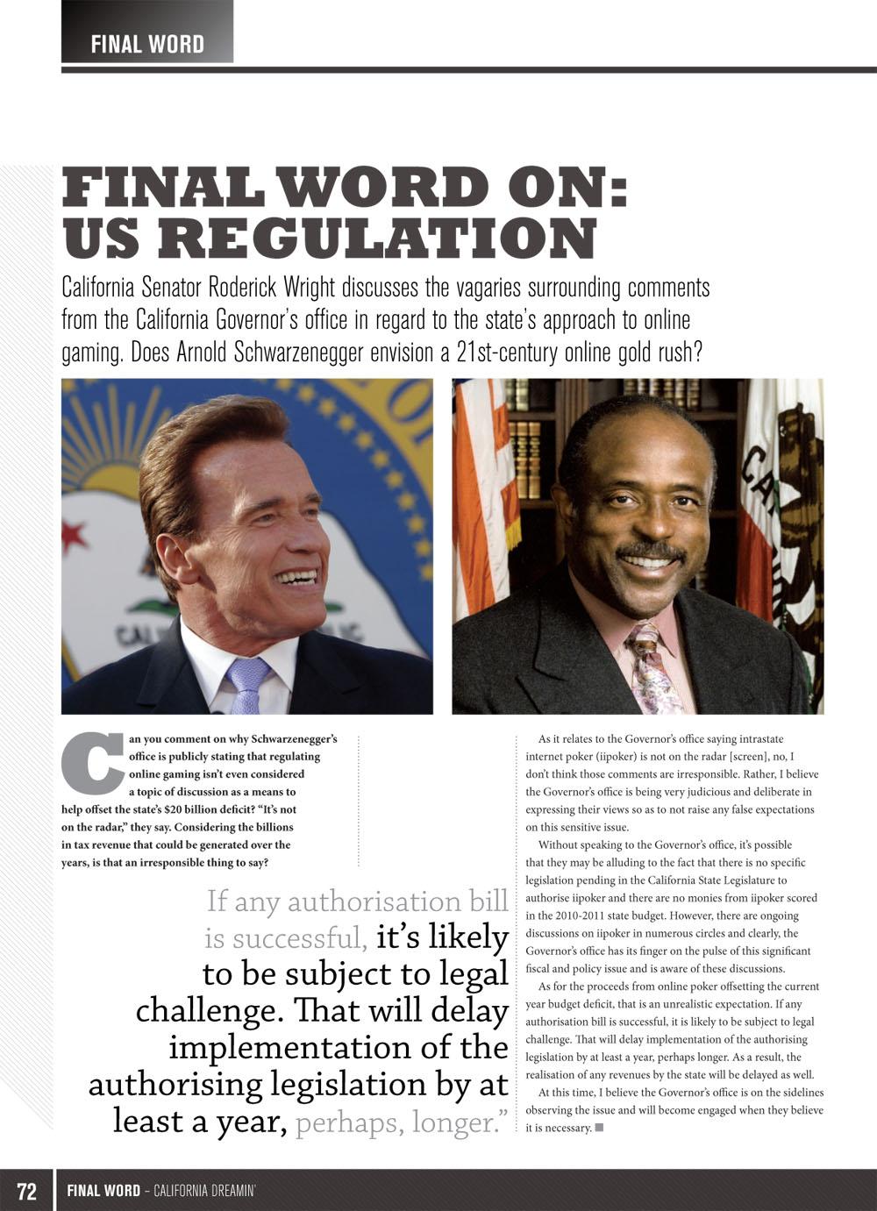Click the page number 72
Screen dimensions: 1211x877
pyautogui.click(x=27, y=1191)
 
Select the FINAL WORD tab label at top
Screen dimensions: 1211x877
pyautogui.click(x=147, y=44)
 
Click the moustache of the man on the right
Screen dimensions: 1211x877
pyautogui.click(x=650, y=552)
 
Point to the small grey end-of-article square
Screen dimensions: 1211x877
pyautogui.click(x=599, y=1128)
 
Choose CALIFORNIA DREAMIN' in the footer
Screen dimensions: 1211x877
pyautogui.click(x=204, y=1191)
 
